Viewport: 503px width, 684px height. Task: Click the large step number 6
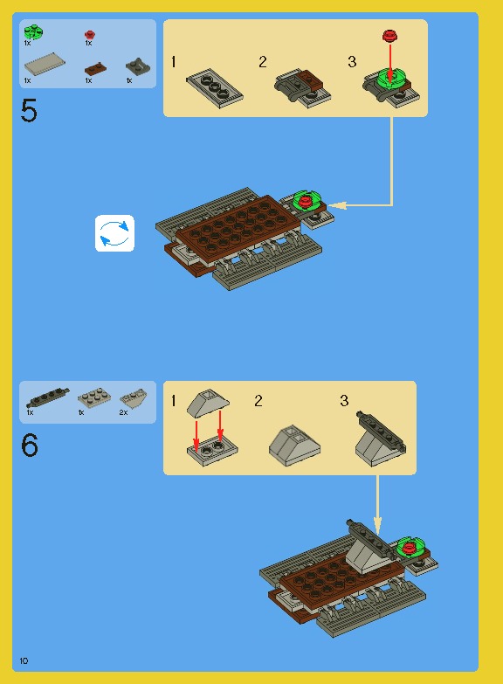(x=30, y=446)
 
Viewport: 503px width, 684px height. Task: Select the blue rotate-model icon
(x=114, y=233)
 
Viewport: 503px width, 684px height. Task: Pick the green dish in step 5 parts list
(x=33, y=32)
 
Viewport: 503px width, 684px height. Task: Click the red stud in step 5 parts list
(x=89, y=35)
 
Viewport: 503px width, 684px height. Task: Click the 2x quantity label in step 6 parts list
(x=123, y=411)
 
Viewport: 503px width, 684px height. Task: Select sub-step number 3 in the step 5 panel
(x=352, y=62)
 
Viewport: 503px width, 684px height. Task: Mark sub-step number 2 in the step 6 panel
(x=258, y=401)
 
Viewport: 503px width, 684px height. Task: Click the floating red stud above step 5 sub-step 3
(x=389, y=36)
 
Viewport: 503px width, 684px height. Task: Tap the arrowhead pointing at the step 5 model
(x=340, y=205)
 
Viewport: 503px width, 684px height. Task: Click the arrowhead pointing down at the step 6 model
(x=378, y=527)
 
